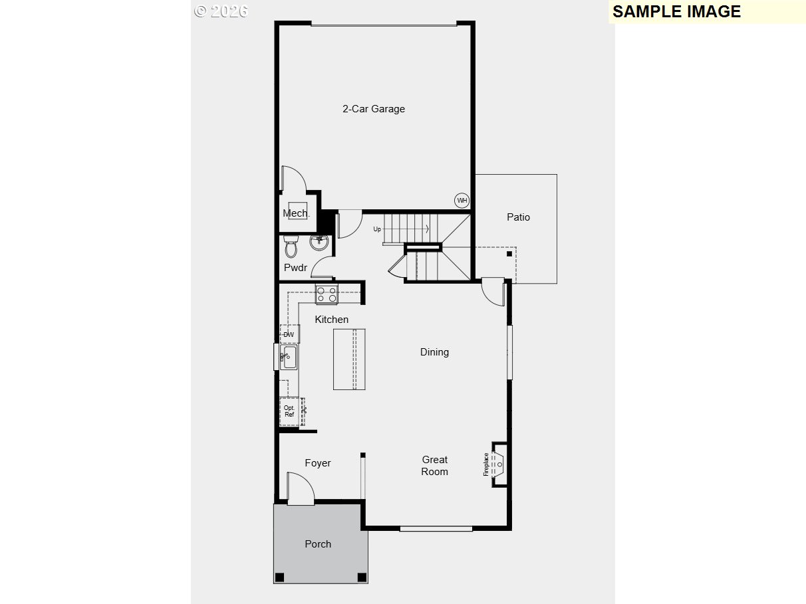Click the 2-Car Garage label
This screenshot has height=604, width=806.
pos(373,109)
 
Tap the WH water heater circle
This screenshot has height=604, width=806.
pos(462,200)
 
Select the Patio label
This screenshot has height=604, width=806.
pos(518,217)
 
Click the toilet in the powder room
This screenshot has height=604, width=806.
pos(291,246)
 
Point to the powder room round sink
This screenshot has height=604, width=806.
pos(320,243)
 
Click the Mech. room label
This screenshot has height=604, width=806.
pos(296,213)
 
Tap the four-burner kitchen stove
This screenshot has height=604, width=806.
pos(327,294)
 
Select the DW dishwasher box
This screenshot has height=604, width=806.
pos(289,334)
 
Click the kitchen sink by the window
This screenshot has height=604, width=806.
pos(289,357)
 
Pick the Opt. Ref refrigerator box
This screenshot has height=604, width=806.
pos(289,411)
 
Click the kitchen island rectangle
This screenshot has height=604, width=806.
pos(349,359)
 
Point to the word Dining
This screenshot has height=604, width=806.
pos(434,352)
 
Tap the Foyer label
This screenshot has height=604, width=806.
pos(317,463)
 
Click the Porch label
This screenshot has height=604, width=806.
pos(318,544)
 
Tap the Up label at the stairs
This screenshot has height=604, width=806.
pos(377,229)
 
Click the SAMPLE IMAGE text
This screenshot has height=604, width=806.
pos(676,11)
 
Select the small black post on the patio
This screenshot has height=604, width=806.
pos(509,253)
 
